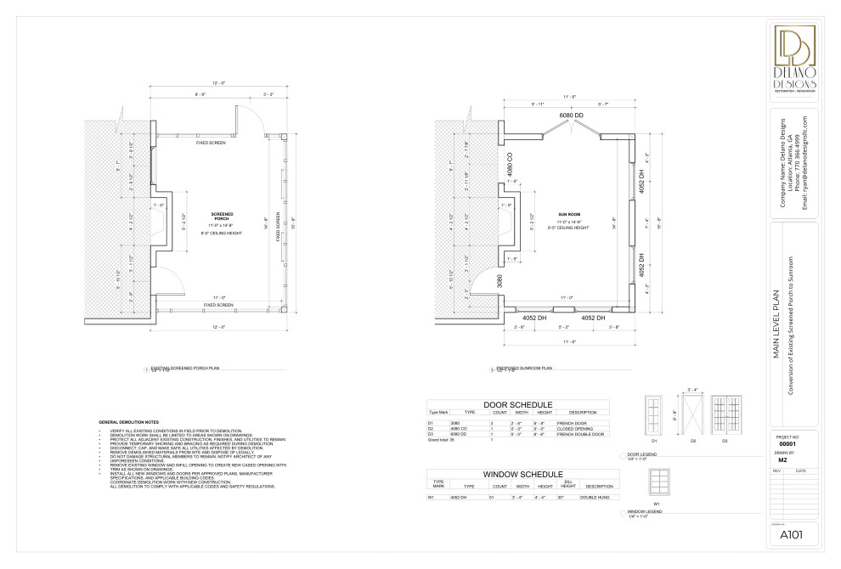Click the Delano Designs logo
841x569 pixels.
coord(794,59)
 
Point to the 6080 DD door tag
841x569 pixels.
coord(571,115)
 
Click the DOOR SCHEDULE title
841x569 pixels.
coord(517,404)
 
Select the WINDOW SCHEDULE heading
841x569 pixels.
coord(522,473)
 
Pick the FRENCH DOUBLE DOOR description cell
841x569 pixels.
coord(586,434)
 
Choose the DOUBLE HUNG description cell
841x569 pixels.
coord(594,497)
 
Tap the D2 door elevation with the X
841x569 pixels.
coord(691,415)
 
